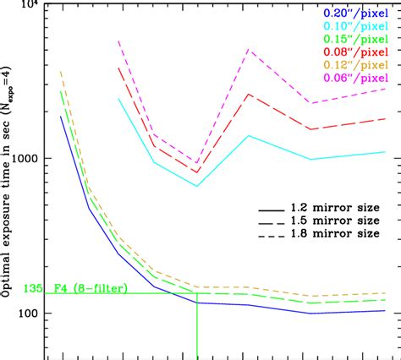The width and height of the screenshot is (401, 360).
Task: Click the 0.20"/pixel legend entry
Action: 351,13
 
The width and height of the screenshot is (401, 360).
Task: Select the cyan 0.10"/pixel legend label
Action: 351,26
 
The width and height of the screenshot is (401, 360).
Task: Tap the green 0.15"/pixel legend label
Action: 351,39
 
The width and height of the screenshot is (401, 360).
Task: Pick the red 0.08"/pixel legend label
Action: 351,52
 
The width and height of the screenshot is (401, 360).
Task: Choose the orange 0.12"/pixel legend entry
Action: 351,65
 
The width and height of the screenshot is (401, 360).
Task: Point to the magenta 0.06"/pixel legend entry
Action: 351,79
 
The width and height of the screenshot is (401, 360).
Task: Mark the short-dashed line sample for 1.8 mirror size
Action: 272,232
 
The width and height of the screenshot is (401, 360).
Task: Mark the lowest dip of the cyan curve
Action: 196,186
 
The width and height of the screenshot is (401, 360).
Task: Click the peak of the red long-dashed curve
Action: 248,94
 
